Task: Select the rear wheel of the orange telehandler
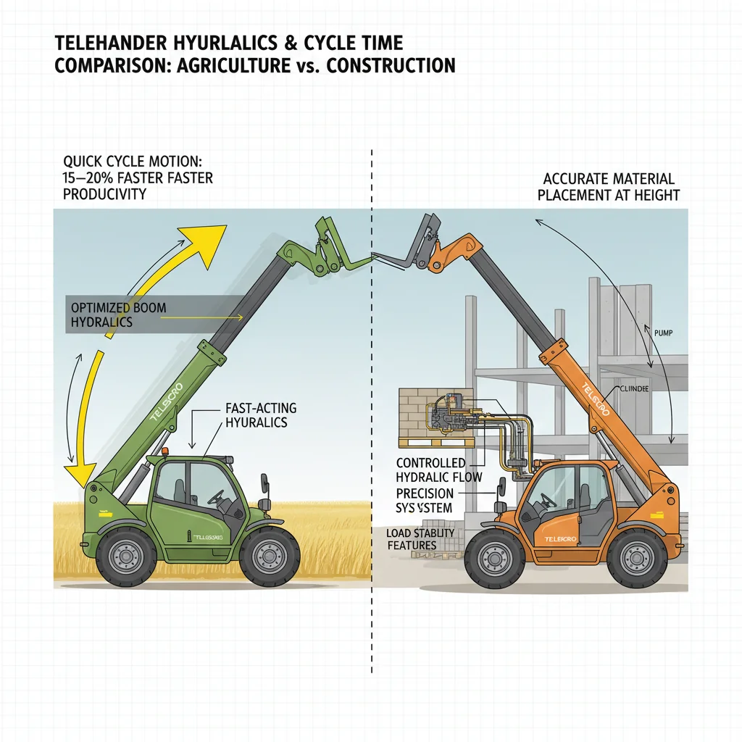[636, 556]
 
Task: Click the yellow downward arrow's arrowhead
[76, 475]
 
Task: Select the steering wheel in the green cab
[217, 498]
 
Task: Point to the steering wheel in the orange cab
[548, 499]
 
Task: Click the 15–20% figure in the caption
[90, 178]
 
